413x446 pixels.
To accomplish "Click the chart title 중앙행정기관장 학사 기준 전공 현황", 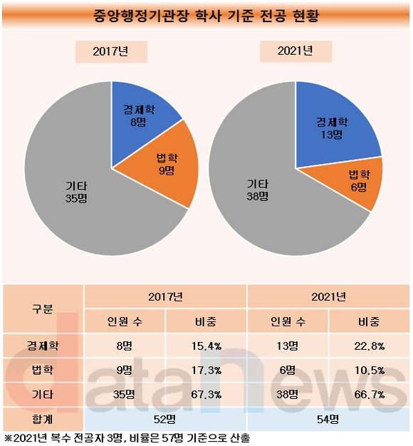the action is [x=206, y=16].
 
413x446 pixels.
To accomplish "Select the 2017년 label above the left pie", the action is [x=111, y=51].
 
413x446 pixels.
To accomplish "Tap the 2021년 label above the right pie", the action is [x=296, y=51].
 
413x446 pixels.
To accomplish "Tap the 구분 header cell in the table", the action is [x=43, y=308].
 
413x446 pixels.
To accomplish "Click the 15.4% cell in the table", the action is [x=206, y=346].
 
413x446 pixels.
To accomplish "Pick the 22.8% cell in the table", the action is [x=370, y=346].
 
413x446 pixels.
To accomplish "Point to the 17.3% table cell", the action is [x=206, y=370].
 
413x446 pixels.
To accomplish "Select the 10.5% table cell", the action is [x=370, y=370].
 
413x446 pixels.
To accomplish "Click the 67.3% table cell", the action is [x=206, y=395].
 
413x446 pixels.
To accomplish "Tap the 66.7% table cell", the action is [x=370, y=395].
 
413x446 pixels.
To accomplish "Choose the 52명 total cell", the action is [x=165, y=419].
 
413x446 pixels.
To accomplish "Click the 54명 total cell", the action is [x=328, y=419].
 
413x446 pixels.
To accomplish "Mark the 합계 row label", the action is [x=43, y=419].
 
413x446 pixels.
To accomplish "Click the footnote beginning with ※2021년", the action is [x=127, y=438].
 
